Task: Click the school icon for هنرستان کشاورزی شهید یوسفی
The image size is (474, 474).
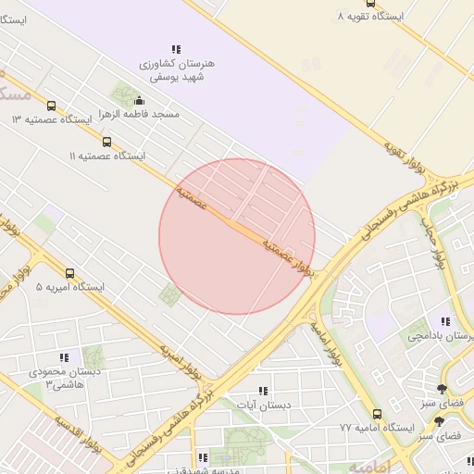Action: coord(176,49)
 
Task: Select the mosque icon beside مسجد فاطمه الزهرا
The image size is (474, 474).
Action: coord(140,100)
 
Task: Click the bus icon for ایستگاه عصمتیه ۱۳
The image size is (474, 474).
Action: coord(51,106)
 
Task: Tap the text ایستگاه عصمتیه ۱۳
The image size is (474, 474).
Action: coord(52,120)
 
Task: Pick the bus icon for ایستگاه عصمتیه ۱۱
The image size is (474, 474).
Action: coord(107,142)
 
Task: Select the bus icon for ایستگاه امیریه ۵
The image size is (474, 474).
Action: coord(70,273)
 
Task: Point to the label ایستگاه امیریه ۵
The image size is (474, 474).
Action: coord(70,287)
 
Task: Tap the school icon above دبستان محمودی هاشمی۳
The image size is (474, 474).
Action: coord(64,357)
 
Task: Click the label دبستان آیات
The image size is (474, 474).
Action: coord(263,405)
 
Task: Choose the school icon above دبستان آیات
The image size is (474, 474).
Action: coord(263,391)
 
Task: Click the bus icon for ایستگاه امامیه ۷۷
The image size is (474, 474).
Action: coord(377,414)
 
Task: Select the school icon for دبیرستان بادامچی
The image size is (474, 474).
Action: coord(445,322)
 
